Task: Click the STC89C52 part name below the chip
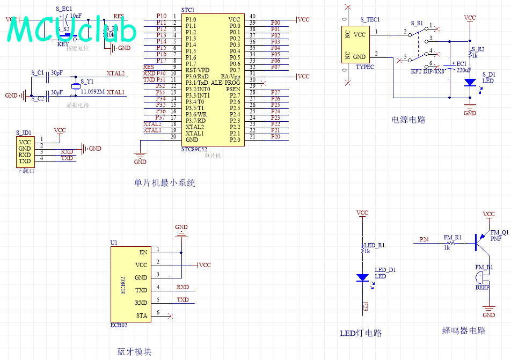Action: point(194,150)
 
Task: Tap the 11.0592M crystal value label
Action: point(92,92)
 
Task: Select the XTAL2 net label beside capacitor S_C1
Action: point(115,74)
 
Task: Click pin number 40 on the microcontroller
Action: point(252,17)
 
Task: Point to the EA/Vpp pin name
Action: point(230,77)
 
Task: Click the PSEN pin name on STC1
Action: point(233,89)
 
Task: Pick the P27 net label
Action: point(275,93)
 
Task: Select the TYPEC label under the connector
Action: point(365,68)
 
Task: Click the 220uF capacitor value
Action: point(464,70)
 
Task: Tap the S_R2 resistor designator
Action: point(478,49)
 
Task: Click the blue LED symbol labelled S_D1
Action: point(470,82)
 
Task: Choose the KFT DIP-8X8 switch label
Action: point(427,71)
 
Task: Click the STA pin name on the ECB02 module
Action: point(141,315)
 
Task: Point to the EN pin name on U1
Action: point(143,252)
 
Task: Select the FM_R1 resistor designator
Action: point(452,237)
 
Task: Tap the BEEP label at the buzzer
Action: point(483,288)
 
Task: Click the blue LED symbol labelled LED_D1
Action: point(363,277)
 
